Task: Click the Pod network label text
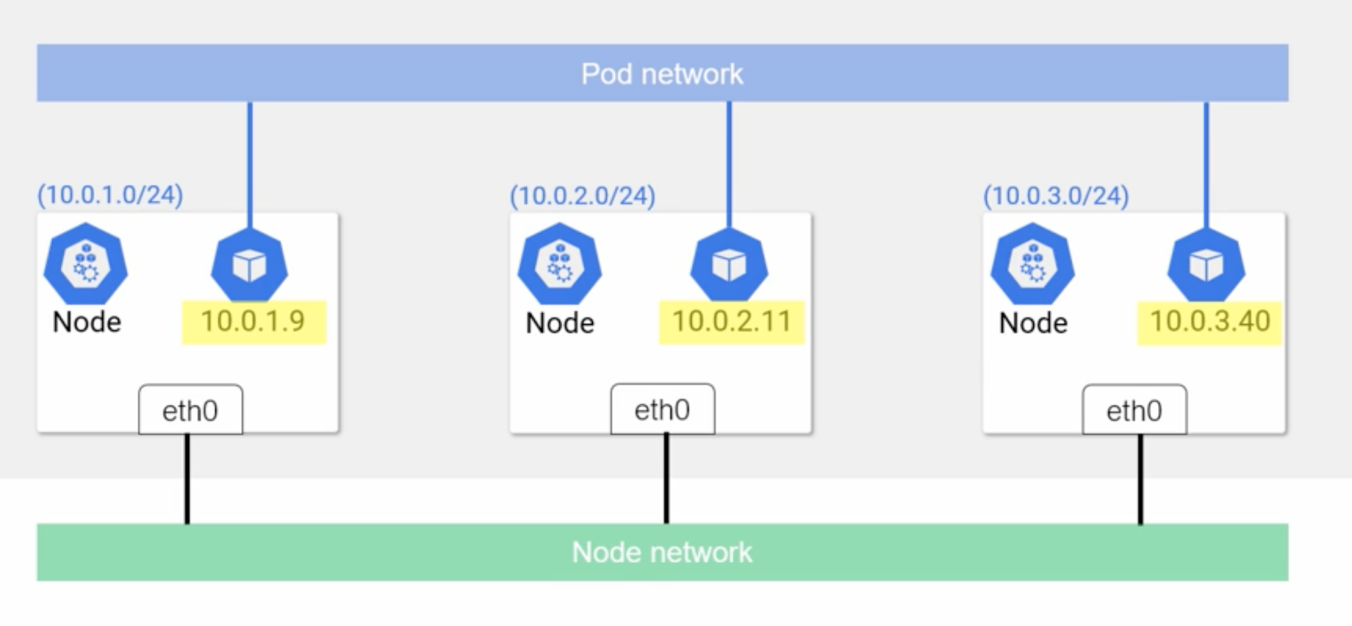(661, 74)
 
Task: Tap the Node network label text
(661, 552)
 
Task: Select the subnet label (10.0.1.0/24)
(110, 195)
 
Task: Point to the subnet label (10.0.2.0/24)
(582, 195)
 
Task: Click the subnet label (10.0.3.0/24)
(1056, 195)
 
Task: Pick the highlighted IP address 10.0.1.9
(253, 322)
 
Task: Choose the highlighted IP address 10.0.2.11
(731, 322)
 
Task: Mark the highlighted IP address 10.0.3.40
(1209, 322)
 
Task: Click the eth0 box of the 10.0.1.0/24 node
(190, 410)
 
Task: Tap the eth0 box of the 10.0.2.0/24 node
(662, 409)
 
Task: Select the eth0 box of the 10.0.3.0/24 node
(1134, 410)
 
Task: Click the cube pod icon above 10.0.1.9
(250, 266)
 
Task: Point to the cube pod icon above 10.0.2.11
(729, 266)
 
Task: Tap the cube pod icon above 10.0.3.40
(1206, 266)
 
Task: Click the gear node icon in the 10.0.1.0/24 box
(86, 264)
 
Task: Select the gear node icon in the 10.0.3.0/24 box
(1032, 264)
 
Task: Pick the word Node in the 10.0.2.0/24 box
(560, 323)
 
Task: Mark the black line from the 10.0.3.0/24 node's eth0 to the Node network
(1140, 479)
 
